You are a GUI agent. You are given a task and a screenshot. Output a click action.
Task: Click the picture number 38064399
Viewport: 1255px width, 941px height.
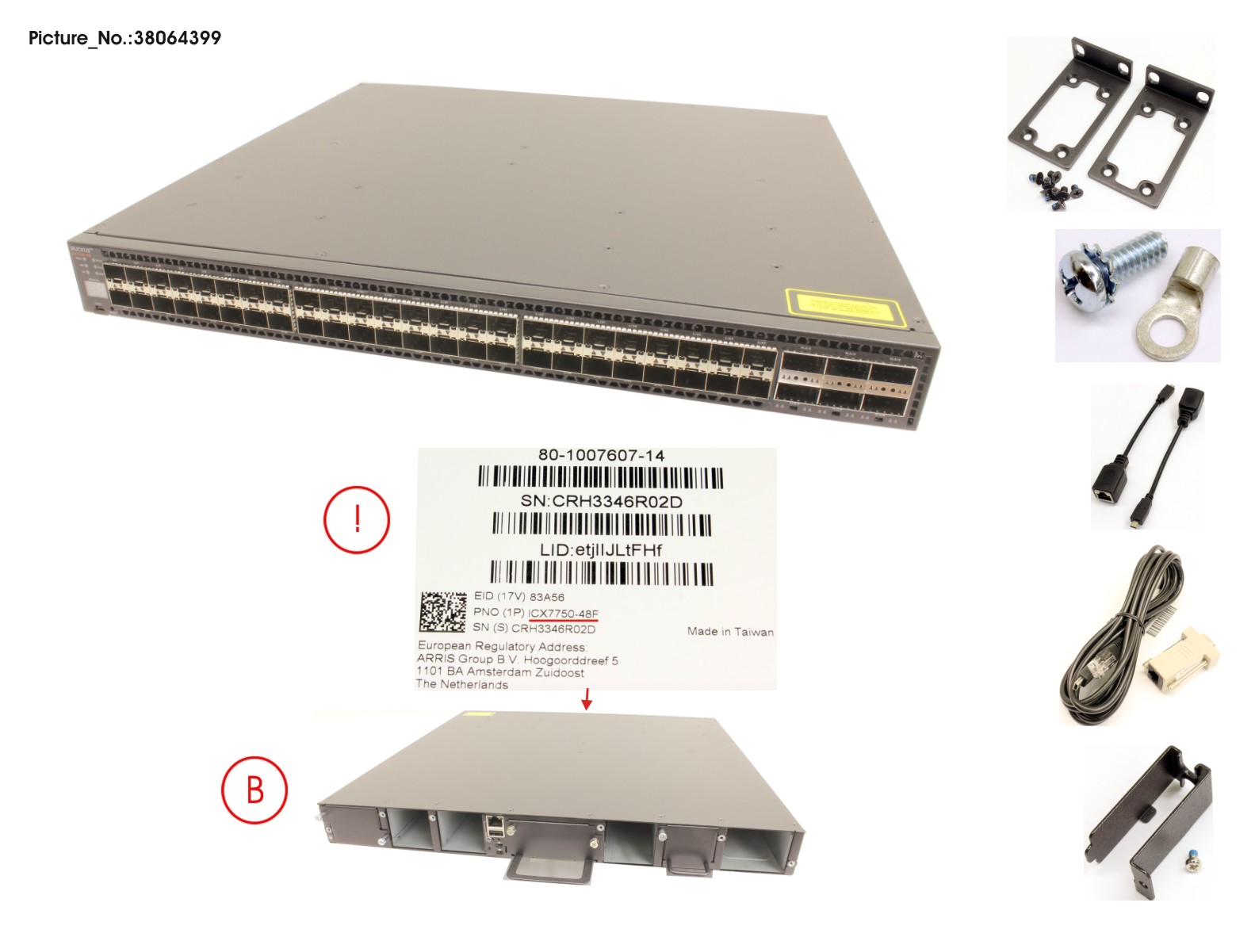click(177, 38)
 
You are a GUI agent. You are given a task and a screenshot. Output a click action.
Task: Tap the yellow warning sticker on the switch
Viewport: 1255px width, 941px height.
click(845, 307)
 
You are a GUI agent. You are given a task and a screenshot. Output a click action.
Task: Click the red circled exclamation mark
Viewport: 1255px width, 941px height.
click(357, 519)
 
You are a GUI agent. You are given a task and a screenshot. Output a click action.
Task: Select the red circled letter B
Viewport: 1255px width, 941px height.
click(254, 790)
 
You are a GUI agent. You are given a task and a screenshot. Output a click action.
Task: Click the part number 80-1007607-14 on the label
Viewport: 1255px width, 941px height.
click(601, 455)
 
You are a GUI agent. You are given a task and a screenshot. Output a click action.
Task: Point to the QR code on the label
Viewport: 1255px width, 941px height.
click(442, 612)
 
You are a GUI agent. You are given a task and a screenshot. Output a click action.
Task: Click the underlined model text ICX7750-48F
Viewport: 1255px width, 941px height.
click(563, 614)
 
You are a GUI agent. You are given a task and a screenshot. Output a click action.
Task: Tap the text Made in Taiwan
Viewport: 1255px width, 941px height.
click(730, 632)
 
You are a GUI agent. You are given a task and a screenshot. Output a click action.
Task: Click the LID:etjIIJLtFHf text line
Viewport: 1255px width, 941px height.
click(600, 549)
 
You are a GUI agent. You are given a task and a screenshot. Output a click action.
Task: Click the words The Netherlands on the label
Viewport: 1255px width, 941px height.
click(461, 684)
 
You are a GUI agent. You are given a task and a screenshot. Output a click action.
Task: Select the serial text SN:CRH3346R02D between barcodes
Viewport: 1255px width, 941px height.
click(601, 501)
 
